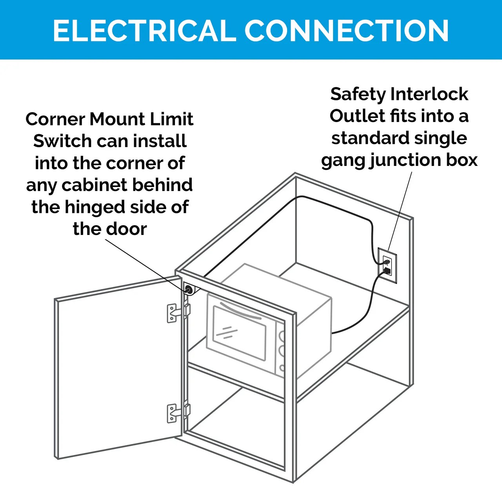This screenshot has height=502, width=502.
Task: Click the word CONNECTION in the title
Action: [347, 31]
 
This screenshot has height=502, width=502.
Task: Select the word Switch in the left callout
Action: [63, 141]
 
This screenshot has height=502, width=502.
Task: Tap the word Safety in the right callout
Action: [358, 94]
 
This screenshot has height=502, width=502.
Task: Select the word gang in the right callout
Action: [342, 160]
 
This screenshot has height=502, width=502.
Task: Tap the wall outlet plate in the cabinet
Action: [387, 266]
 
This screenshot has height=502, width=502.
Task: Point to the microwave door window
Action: [239, 333]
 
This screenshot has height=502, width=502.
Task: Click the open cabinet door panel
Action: [118, 369]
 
